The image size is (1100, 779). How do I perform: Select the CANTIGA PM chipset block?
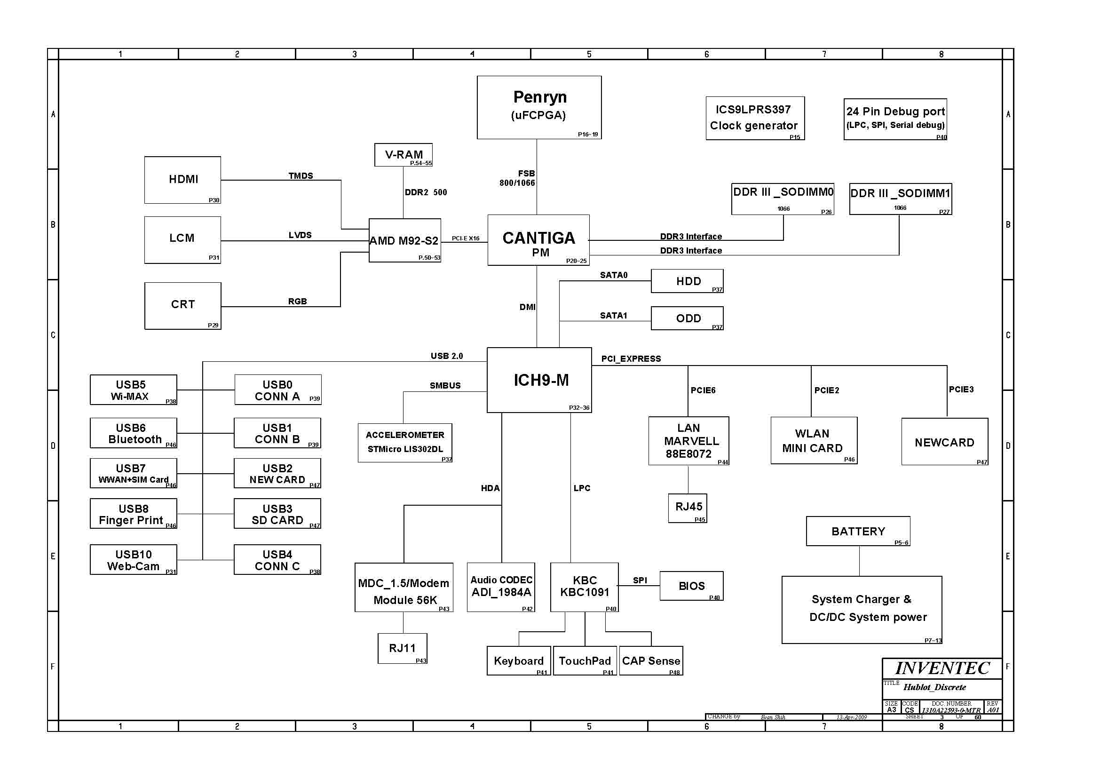click(538, 240)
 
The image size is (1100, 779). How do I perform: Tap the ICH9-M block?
click(539, 380)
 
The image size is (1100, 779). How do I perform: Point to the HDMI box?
click(182, 180)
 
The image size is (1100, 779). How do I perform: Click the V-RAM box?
click(403, 155)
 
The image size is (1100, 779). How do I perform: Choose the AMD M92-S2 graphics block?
click(404, 241)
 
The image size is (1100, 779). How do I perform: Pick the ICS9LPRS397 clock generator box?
click(755, 118)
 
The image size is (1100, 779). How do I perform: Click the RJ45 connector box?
click(687, 508)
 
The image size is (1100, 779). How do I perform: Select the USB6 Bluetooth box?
click(133, 433)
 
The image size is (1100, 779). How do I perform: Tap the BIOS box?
click(691, 586)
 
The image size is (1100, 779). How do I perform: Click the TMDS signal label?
click(301, 175)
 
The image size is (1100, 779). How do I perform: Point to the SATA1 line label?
click(613, 315)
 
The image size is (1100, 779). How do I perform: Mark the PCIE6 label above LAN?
click(703, 390)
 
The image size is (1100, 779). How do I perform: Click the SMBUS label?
click(445, 385)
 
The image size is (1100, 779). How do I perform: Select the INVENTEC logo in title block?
click(942, 668)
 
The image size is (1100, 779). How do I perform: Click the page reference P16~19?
click(587, 135)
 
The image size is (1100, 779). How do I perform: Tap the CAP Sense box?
click(651, 660)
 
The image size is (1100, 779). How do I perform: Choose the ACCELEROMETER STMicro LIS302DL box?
click(405, 442)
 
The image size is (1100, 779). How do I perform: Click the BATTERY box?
click(858, 531)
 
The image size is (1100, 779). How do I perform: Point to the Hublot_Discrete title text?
click(934, 687)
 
